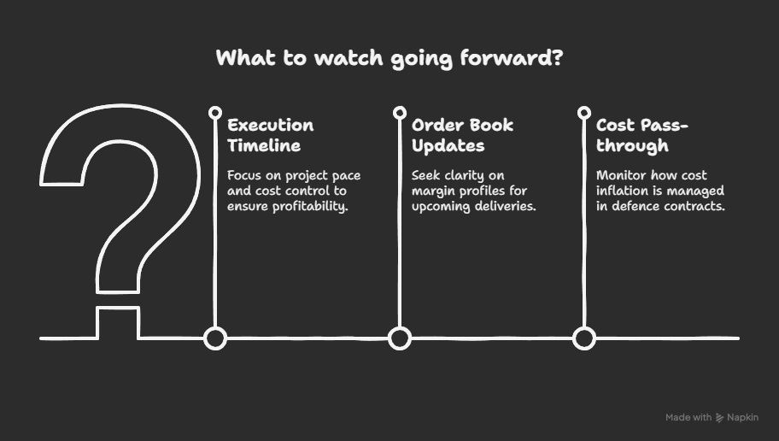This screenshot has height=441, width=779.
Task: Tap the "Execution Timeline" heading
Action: coord(271,135)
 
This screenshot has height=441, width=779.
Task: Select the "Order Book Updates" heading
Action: coord(463,135)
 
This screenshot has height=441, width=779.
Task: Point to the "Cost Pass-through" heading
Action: coord(641,135)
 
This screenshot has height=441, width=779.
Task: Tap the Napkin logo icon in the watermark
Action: coord(719,418)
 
